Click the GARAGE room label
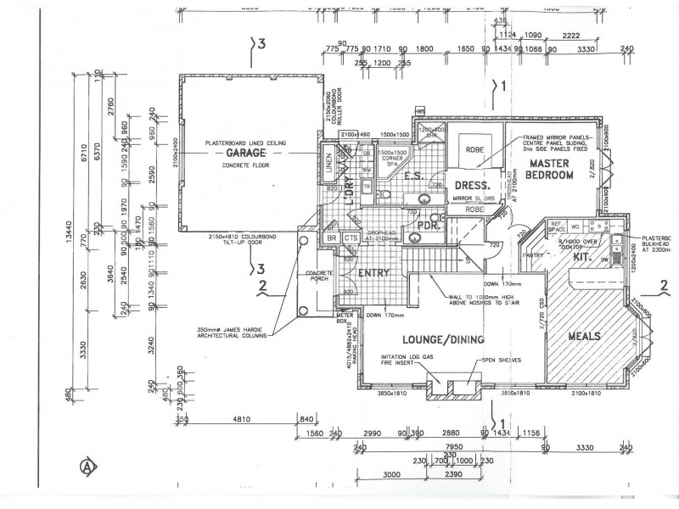(x=245, y=153)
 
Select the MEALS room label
(x=585, y=337)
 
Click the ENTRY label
(x=373, y=273)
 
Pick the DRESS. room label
(x=473, y=185)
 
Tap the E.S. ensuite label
(x=413, y=176)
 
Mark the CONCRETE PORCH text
(x=319, y=276)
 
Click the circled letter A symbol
(x=86, y=465)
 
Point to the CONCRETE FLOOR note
(x=246, y=167)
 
